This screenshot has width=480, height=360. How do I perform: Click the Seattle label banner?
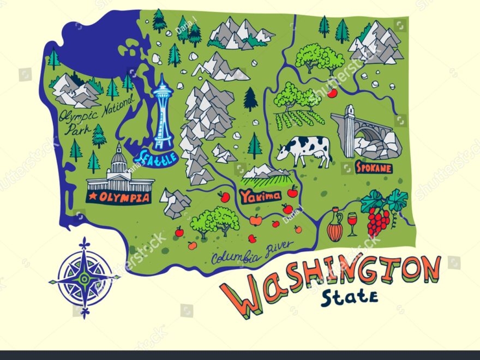(x=158, y=157)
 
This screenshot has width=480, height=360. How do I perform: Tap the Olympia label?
(x=118, y=197)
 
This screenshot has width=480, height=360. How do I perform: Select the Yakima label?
(x=260, y=195)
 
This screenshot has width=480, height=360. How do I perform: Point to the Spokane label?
(x=374, y=167)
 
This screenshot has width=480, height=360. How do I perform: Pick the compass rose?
(x=84, y=277)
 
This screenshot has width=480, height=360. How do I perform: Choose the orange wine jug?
(x=335, y=225)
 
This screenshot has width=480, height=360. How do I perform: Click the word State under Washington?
(x=349, y=297)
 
